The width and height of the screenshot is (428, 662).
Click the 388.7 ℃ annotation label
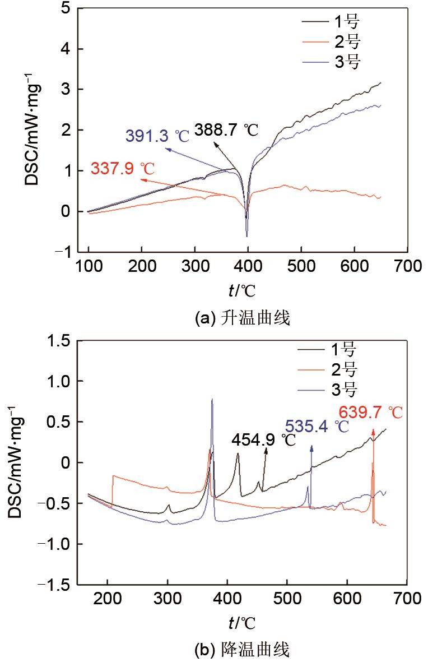[x=226, y=130]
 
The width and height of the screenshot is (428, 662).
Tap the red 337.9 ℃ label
[x=123, y=168]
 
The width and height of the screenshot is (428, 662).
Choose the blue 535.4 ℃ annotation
[x=317, y=427]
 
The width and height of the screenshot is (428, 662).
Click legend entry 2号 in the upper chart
[x=347, y=42]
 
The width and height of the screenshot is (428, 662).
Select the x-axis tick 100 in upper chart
[x=88, y=266]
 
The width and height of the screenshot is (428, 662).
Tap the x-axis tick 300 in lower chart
[x=168, y=598]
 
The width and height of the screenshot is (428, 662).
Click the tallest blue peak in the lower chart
[x=212, y=400]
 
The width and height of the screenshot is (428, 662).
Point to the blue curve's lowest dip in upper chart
[x=246, y=236]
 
